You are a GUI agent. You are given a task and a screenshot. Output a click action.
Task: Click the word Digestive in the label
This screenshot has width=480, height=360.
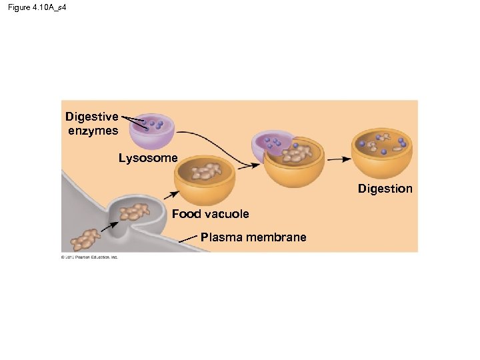click(92, 117)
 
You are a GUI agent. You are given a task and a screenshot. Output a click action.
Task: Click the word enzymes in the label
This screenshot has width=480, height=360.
click(93, 131)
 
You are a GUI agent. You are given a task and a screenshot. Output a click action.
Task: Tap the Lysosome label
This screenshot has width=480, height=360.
click(148, 159)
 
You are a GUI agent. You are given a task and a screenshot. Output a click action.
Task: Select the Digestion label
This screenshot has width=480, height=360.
click(385, 189)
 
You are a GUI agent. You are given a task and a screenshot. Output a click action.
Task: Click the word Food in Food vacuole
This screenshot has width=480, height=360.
click(186, 214)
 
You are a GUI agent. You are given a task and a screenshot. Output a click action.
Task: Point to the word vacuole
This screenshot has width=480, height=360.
click(227, 214)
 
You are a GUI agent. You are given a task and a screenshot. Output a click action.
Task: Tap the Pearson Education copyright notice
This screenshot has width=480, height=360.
click(89, 257)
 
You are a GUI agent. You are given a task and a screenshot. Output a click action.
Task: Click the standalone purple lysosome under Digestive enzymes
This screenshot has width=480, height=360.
click(152, 131)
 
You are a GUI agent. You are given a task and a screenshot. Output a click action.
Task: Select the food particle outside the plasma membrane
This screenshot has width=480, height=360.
click(85, 238)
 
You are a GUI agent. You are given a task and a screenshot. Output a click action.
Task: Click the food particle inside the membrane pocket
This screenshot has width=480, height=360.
click(135, 212)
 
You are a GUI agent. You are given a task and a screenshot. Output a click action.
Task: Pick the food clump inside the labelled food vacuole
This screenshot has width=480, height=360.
click(206, 173)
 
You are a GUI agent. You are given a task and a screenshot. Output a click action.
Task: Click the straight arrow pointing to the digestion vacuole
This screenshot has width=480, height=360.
click(339, 159)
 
